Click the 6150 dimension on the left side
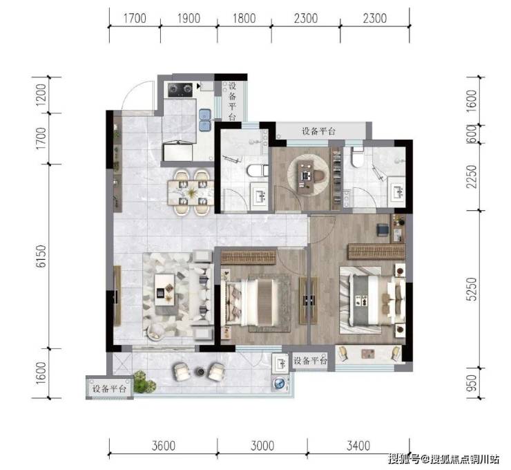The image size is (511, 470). coord(41,256)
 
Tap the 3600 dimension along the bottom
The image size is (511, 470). coord(164,446)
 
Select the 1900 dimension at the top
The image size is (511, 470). coord(189,18)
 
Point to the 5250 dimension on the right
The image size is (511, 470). coord(471,290)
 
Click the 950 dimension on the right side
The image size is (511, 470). coord(471,383)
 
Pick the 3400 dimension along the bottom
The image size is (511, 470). coord(358,446)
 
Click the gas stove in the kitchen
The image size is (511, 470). coord(180,90)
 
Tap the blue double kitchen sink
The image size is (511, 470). coord(205,120)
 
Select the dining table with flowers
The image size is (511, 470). coord(191,193)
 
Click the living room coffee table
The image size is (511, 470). coord(165,290)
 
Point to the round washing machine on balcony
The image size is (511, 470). coord(280,383)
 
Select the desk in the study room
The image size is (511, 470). coord(307,176)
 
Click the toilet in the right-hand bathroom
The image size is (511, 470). coord(358,157)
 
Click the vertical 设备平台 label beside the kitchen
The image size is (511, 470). coord(232,102)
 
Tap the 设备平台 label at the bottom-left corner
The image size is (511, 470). coord(109,388)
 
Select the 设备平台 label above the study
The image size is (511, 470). coord(318,131)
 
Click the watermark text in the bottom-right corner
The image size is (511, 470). coord(443,459)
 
